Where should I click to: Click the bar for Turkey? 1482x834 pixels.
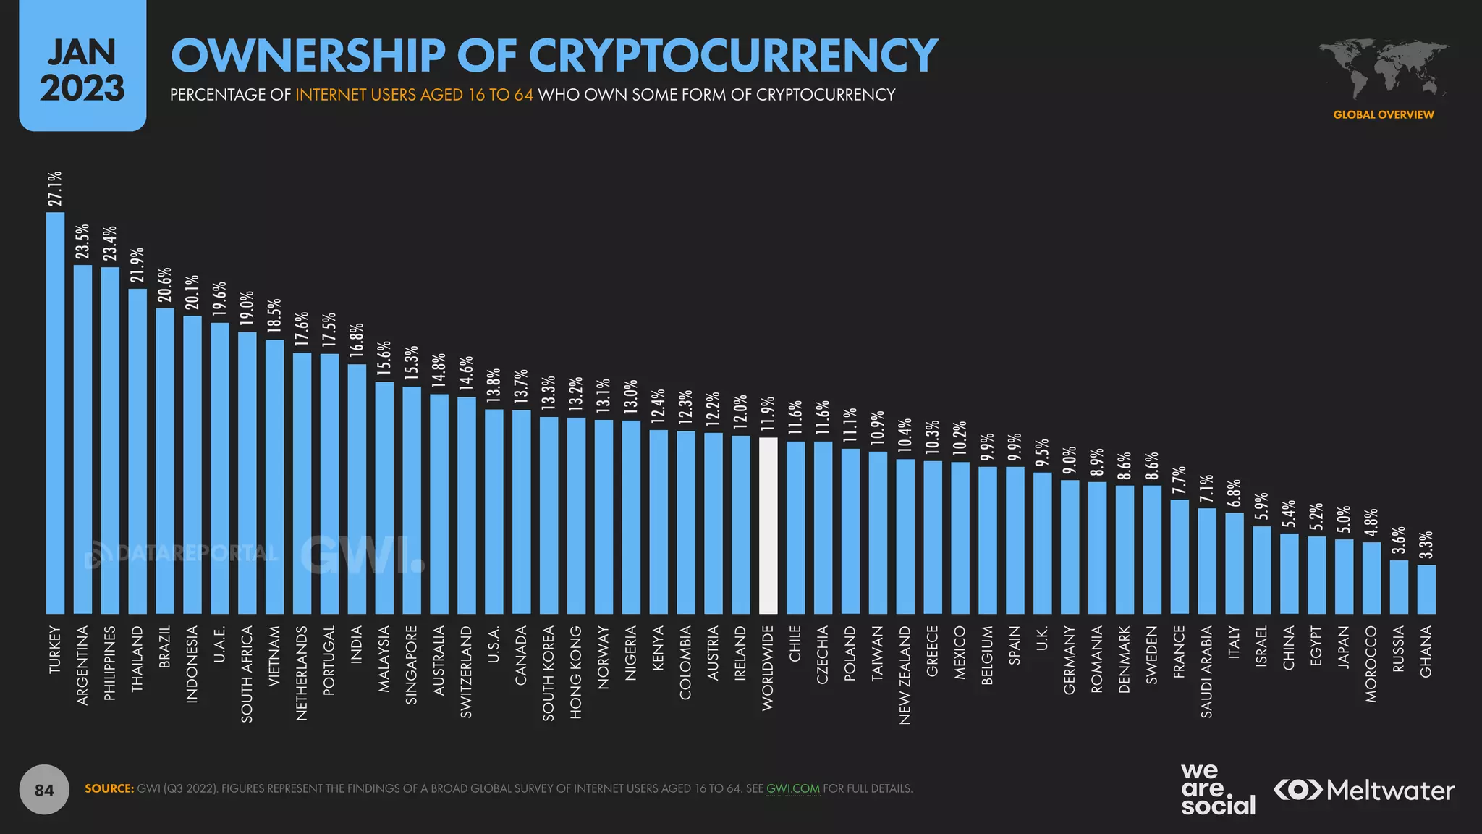point(55,413)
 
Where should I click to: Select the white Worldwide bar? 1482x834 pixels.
point(768,526)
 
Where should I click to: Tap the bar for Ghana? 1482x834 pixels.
point(1426,589)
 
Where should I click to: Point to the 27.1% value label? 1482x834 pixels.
point(55,188)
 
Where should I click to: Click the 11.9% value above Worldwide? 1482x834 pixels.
point(768,414)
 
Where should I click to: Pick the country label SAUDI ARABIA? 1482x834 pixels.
point(1206,671)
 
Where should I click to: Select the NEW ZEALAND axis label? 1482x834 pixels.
point(905,675)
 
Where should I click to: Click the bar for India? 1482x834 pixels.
point(357,489)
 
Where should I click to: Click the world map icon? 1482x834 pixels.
point(1384,69)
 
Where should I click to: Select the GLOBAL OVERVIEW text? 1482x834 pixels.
point(1383,114)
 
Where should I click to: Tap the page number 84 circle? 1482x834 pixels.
point(44,790)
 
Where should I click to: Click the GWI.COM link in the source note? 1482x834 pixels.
point(792,788)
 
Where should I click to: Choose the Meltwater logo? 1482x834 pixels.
point(1364,790)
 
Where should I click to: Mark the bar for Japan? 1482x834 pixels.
point(1344,576)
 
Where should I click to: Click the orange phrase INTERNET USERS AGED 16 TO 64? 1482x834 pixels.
point(414,95)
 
